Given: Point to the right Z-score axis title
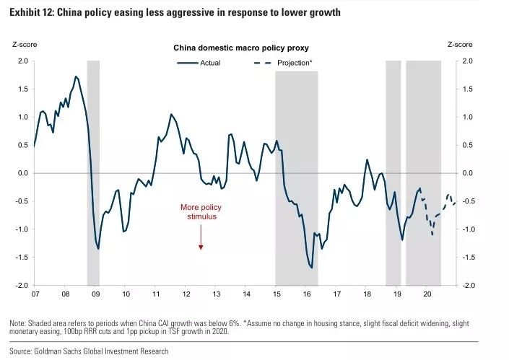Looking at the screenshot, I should tap(459, 45).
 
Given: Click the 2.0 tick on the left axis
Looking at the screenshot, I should tap(22, 61).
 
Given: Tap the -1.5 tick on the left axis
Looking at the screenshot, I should tap(20, 258).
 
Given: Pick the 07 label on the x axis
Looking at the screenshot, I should tap(35, 294).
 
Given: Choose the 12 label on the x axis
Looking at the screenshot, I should tap(186, 294).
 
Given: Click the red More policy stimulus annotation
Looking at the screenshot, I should tap(199, 211).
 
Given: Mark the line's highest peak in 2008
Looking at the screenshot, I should tap(76, 76).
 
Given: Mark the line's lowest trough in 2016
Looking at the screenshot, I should tap(311, 268).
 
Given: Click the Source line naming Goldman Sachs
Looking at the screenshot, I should tap(87, 351).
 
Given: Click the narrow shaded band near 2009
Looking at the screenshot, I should tap(93, 173).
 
